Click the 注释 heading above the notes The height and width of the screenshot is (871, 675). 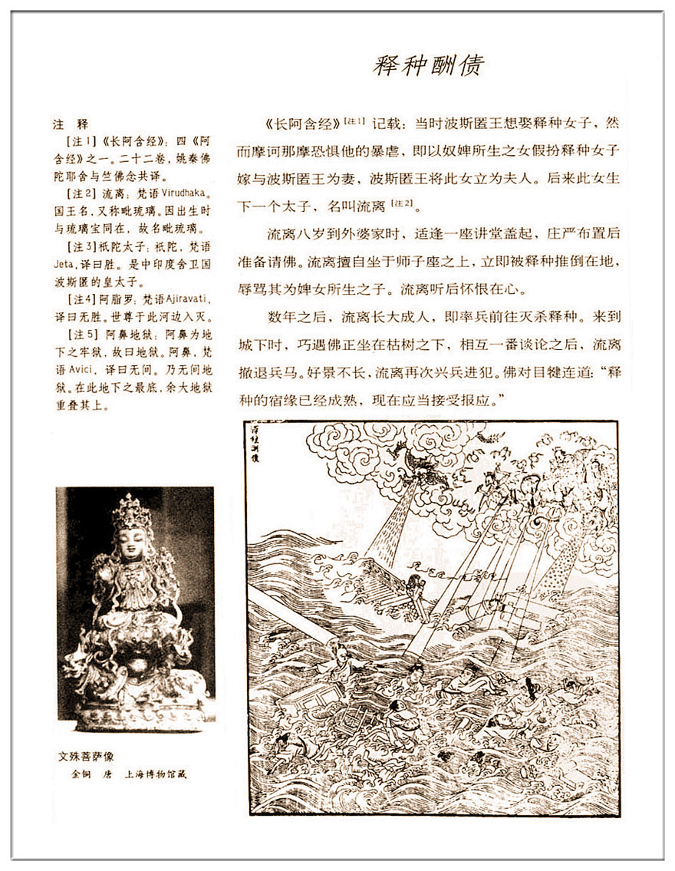click(x=71, y=124)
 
